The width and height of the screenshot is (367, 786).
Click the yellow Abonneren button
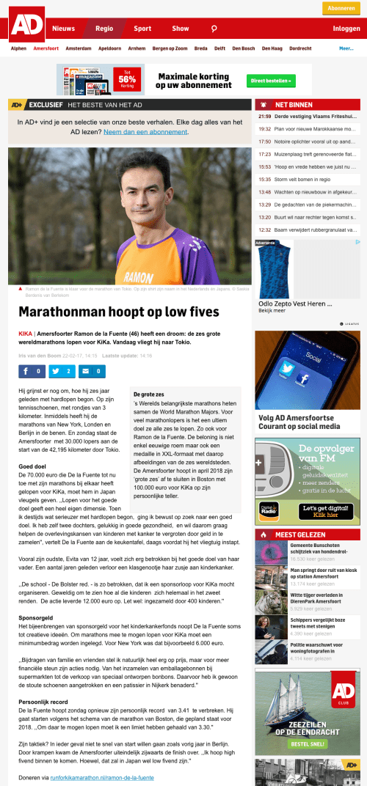[341, 8]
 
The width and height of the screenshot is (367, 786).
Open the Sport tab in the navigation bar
[142, 29]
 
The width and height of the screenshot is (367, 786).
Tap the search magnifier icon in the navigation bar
[214, 29]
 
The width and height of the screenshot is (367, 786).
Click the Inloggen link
[346, 29]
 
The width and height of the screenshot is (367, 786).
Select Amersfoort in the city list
[46, 48]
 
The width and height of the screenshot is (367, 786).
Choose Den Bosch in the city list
[243, 48]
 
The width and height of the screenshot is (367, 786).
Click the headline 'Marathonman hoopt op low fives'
[119, 312]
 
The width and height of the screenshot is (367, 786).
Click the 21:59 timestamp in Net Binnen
[265, 116]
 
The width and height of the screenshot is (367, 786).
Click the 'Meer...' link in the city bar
[346, 48]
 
